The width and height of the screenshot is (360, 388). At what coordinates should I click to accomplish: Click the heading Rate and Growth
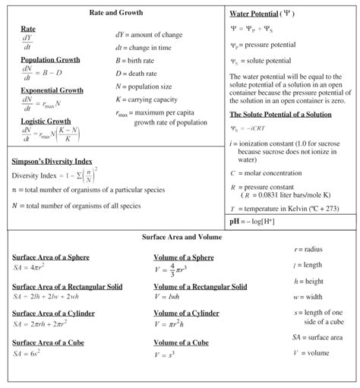click(x=115, y=13)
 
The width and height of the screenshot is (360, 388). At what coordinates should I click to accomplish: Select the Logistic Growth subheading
click(x=46, y=121)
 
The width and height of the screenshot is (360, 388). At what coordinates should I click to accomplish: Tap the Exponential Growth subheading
click(x=52, y=90)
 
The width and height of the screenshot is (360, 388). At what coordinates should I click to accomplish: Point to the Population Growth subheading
click(x=49, y=59)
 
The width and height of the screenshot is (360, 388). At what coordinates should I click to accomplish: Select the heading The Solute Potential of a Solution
click(x=282, y=115)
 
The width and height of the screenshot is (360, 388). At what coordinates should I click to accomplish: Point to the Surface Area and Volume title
click(x=182, y=237)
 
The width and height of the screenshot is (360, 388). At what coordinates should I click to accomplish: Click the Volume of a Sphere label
click(x=184, y=257)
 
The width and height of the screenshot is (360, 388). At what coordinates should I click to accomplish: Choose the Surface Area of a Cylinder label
click(x=54, y=314)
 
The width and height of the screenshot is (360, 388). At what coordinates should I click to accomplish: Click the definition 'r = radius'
click(x=308, y=249)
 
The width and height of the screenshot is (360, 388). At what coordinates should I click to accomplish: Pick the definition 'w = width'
click(x=308, y=297)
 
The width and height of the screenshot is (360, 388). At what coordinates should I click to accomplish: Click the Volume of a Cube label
click(x=181, y=343)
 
